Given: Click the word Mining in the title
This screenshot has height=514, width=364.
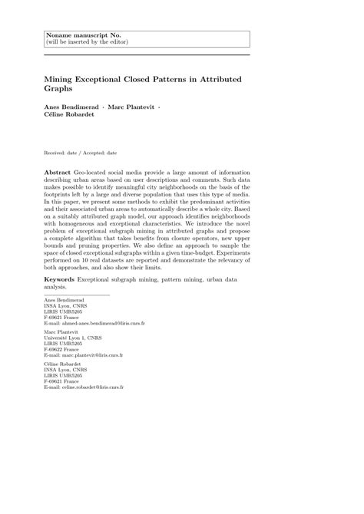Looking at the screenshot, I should point(60,79).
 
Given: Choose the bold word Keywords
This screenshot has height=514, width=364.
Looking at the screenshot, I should point(60,280).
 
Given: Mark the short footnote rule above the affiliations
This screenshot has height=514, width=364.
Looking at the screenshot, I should point(77,295).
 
